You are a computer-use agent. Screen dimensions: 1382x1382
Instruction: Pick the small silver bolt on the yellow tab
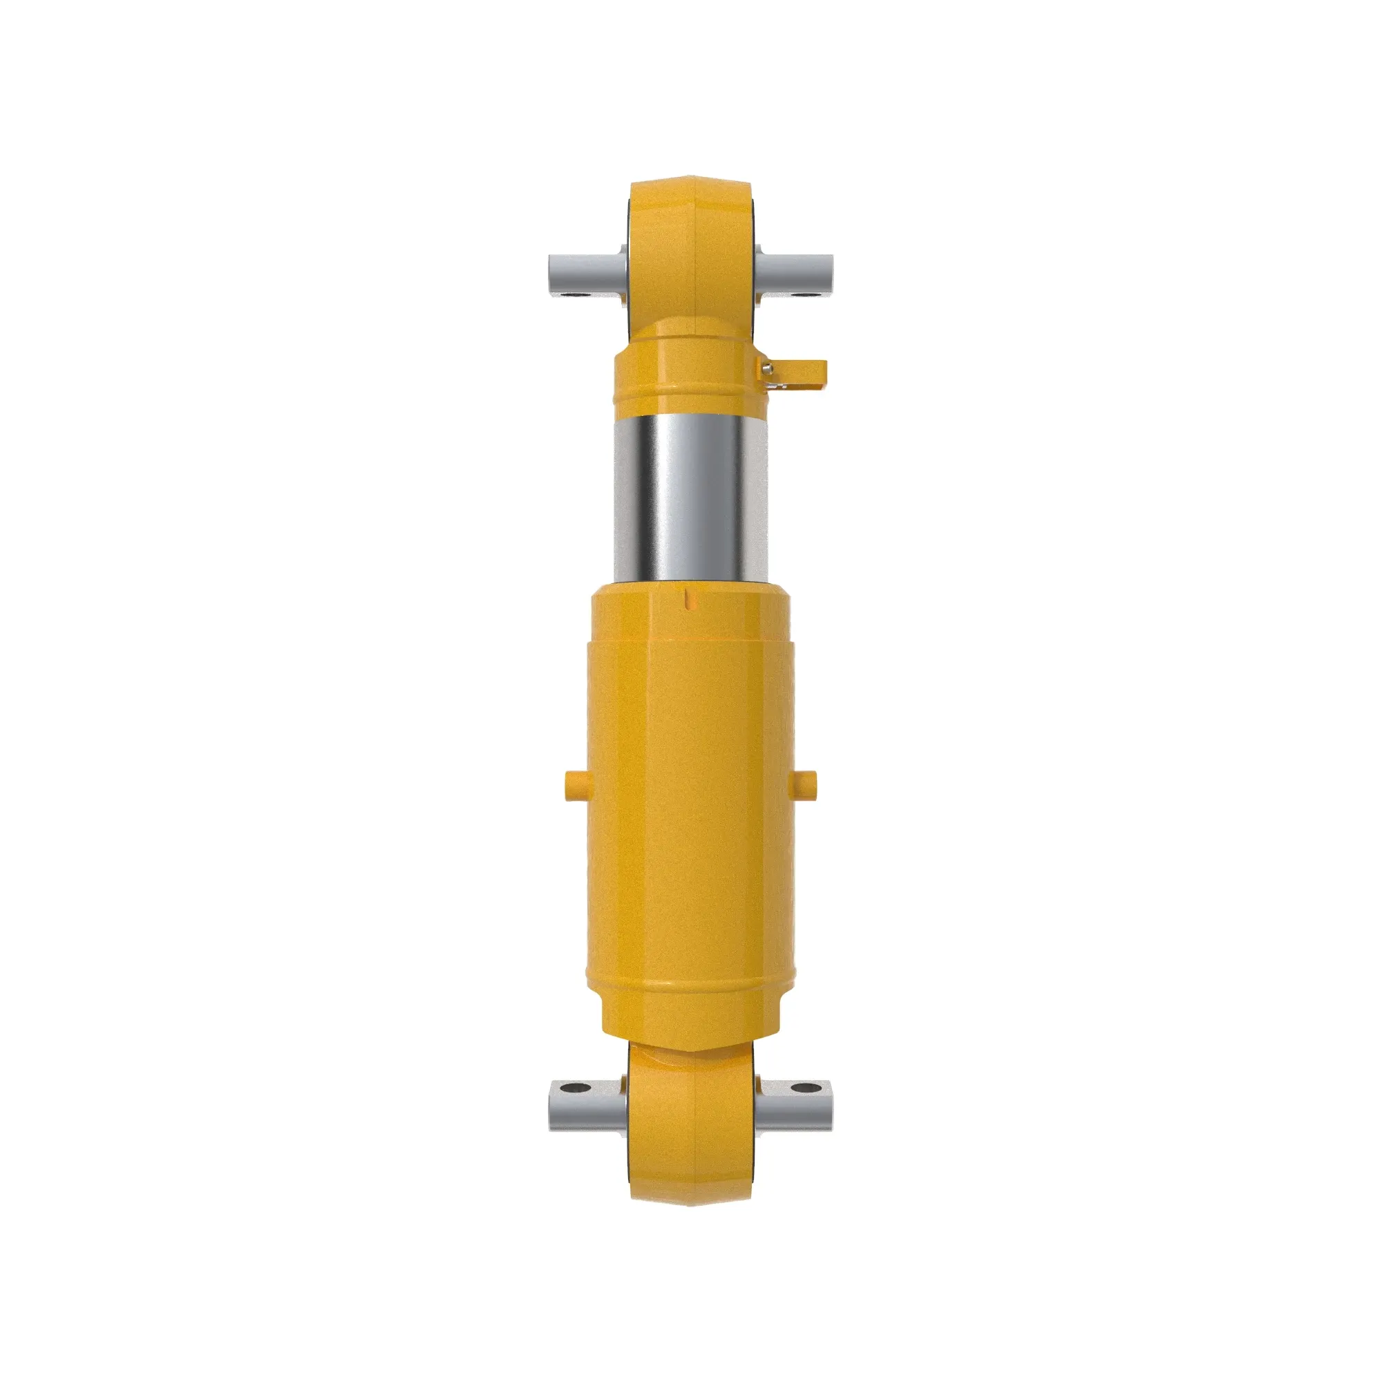coord(768,368)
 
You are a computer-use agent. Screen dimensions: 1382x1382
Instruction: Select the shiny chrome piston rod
coord(690,501)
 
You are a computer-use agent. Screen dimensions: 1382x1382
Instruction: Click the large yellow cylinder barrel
coord(690,787)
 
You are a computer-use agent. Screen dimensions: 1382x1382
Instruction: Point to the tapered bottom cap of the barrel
coord(690,1030)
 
